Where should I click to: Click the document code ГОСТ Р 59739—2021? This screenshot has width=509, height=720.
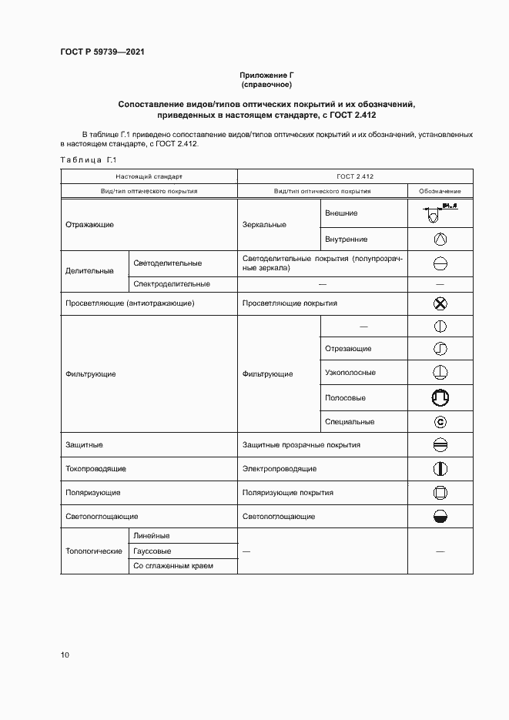point(102,52)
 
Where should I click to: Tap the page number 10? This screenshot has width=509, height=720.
point(65,655)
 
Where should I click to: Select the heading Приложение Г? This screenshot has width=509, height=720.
point(266,75)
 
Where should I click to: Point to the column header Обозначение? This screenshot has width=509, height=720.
point(440,190)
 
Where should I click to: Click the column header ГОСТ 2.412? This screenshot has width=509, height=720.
point(354,176)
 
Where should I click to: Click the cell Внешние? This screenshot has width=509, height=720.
point(341,213)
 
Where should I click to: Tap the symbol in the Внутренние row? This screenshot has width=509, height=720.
point(440,239)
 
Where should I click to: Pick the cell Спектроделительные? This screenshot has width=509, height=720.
point(172,283)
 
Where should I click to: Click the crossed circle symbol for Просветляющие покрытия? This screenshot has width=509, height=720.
point(440,303)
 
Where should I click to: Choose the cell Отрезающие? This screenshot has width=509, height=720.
point(348,348)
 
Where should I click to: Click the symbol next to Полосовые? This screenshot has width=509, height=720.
point(440,398)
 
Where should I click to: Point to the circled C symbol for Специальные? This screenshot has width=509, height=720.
point(440,421)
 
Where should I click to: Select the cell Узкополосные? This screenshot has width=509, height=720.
point(350,373)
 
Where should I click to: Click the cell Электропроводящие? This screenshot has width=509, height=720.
point(280,468)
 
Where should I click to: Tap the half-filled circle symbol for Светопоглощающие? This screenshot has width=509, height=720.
point(440,516)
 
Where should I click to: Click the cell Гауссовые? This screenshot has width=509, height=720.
point(152,551)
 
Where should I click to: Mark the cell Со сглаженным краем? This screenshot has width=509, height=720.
point(172,566)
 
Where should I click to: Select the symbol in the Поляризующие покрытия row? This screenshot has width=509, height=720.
point(440,492)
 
